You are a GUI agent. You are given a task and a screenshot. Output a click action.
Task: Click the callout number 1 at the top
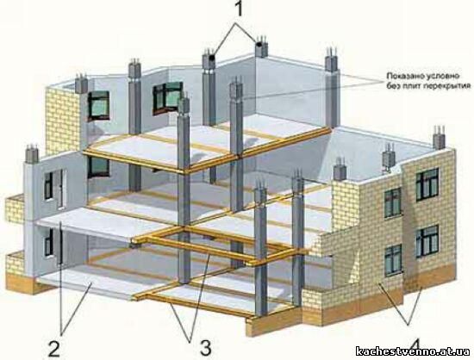(239, 9)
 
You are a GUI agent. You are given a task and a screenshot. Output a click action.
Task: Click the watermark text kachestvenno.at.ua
(413, 351)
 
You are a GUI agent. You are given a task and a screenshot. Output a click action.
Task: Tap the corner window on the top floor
(168, 97)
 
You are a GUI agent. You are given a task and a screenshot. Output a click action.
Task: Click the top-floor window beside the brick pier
(98, 105)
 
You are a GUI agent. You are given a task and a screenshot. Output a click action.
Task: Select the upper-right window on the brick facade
(427, 184)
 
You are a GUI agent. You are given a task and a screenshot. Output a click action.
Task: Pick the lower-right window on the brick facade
(427, 241)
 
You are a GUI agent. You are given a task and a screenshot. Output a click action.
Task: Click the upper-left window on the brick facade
(393, 202)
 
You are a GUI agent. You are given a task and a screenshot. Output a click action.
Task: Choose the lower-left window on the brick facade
(393, 260)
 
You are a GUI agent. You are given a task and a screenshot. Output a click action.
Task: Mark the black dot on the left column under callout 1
(212, 57)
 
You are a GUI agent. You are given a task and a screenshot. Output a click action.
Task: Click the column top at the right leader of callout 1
(261, 47)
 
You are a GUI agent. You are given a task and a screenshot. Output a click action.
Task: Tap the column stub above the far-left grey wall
(32, 154)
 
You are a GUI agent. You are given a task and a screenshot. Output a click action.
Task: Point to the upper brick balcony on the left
(15, 208)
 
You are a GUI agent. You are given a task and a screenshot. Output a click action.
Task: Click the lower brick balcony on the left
(15, 263)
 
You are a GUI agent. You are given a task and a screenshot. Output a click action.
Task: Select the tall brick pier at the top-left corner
(63, 121)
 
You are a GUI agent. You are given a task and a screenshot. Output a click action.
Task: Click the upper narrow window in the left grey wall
(48, 186)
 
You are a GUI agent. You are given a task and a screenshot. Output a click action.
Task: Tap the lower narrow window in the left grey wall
(48, 242)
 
